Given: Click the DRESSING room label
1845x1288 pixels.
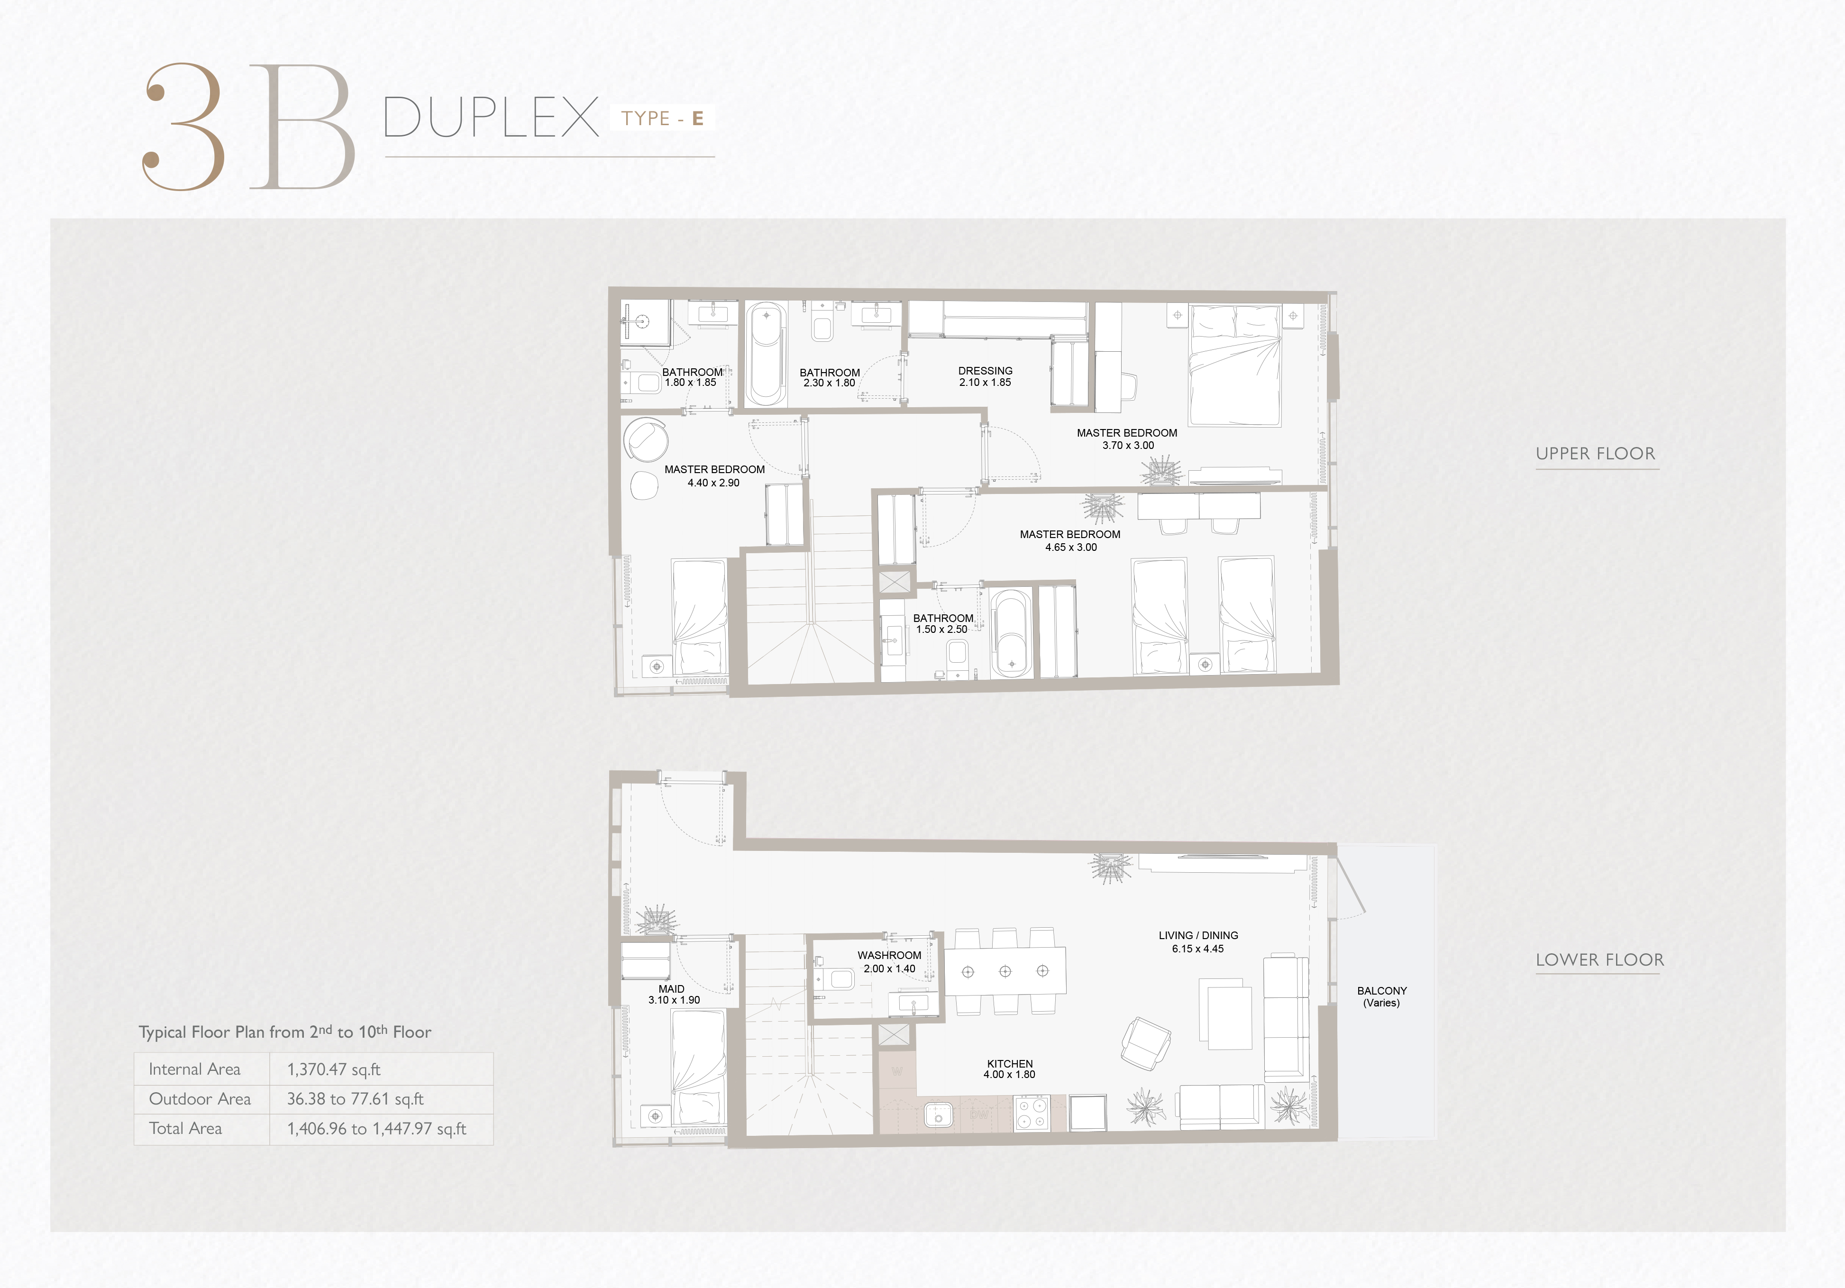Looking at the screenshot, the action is point(985,376).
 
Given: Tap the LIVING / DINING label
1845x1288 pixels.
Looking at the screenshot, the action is point(1198,941).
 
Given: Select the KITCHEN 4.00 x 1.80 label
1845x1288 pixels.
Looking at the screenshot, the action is point(1010,1069).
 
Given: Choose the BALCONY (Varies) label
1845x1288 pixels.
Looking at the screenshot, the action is point(1382,996).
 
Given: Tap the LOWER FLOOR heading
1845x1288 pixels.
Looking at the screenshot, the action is point(1600,959).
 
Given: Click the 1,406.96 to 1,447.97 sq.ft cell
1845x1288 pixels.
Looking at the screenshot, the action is point(377,1129).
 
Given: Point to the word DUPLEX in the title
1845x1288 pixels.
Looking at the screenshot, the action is point(491,117).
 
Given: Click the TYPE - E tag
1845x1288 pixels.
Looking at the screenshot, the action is point(662,118).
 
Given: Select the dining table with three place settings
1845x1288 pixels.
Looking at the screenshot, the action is point(1005,971).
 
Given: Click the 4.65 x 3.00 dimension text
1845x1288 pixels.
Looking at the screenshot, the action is point(1071,547).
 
